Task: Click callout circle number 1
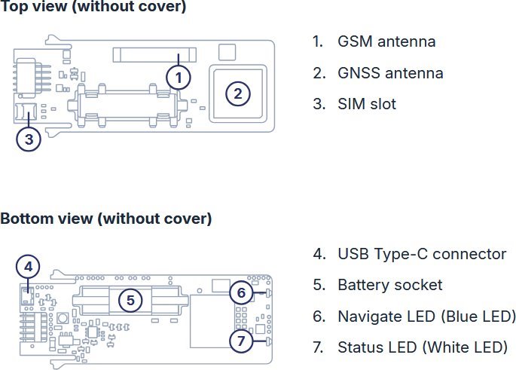178,77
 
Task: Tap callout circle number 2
237,93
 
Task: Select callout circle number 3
29,139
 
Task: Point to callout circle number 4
29,266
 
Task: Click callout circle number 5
130,300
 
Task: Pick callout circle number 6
241,292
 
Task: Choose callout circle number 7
241,341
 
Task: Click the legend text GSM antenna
386,41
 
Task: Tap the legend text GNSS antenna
390,73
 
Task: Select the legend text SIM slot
366,104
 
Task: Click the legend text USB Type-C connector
422,254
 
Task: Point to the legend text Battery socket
389,285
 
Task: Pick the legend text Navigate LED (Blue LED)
426,316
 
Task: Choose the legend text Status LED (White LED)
422,347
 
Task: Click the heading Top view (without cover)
93,8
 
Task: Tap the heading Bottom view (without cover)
105,219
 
